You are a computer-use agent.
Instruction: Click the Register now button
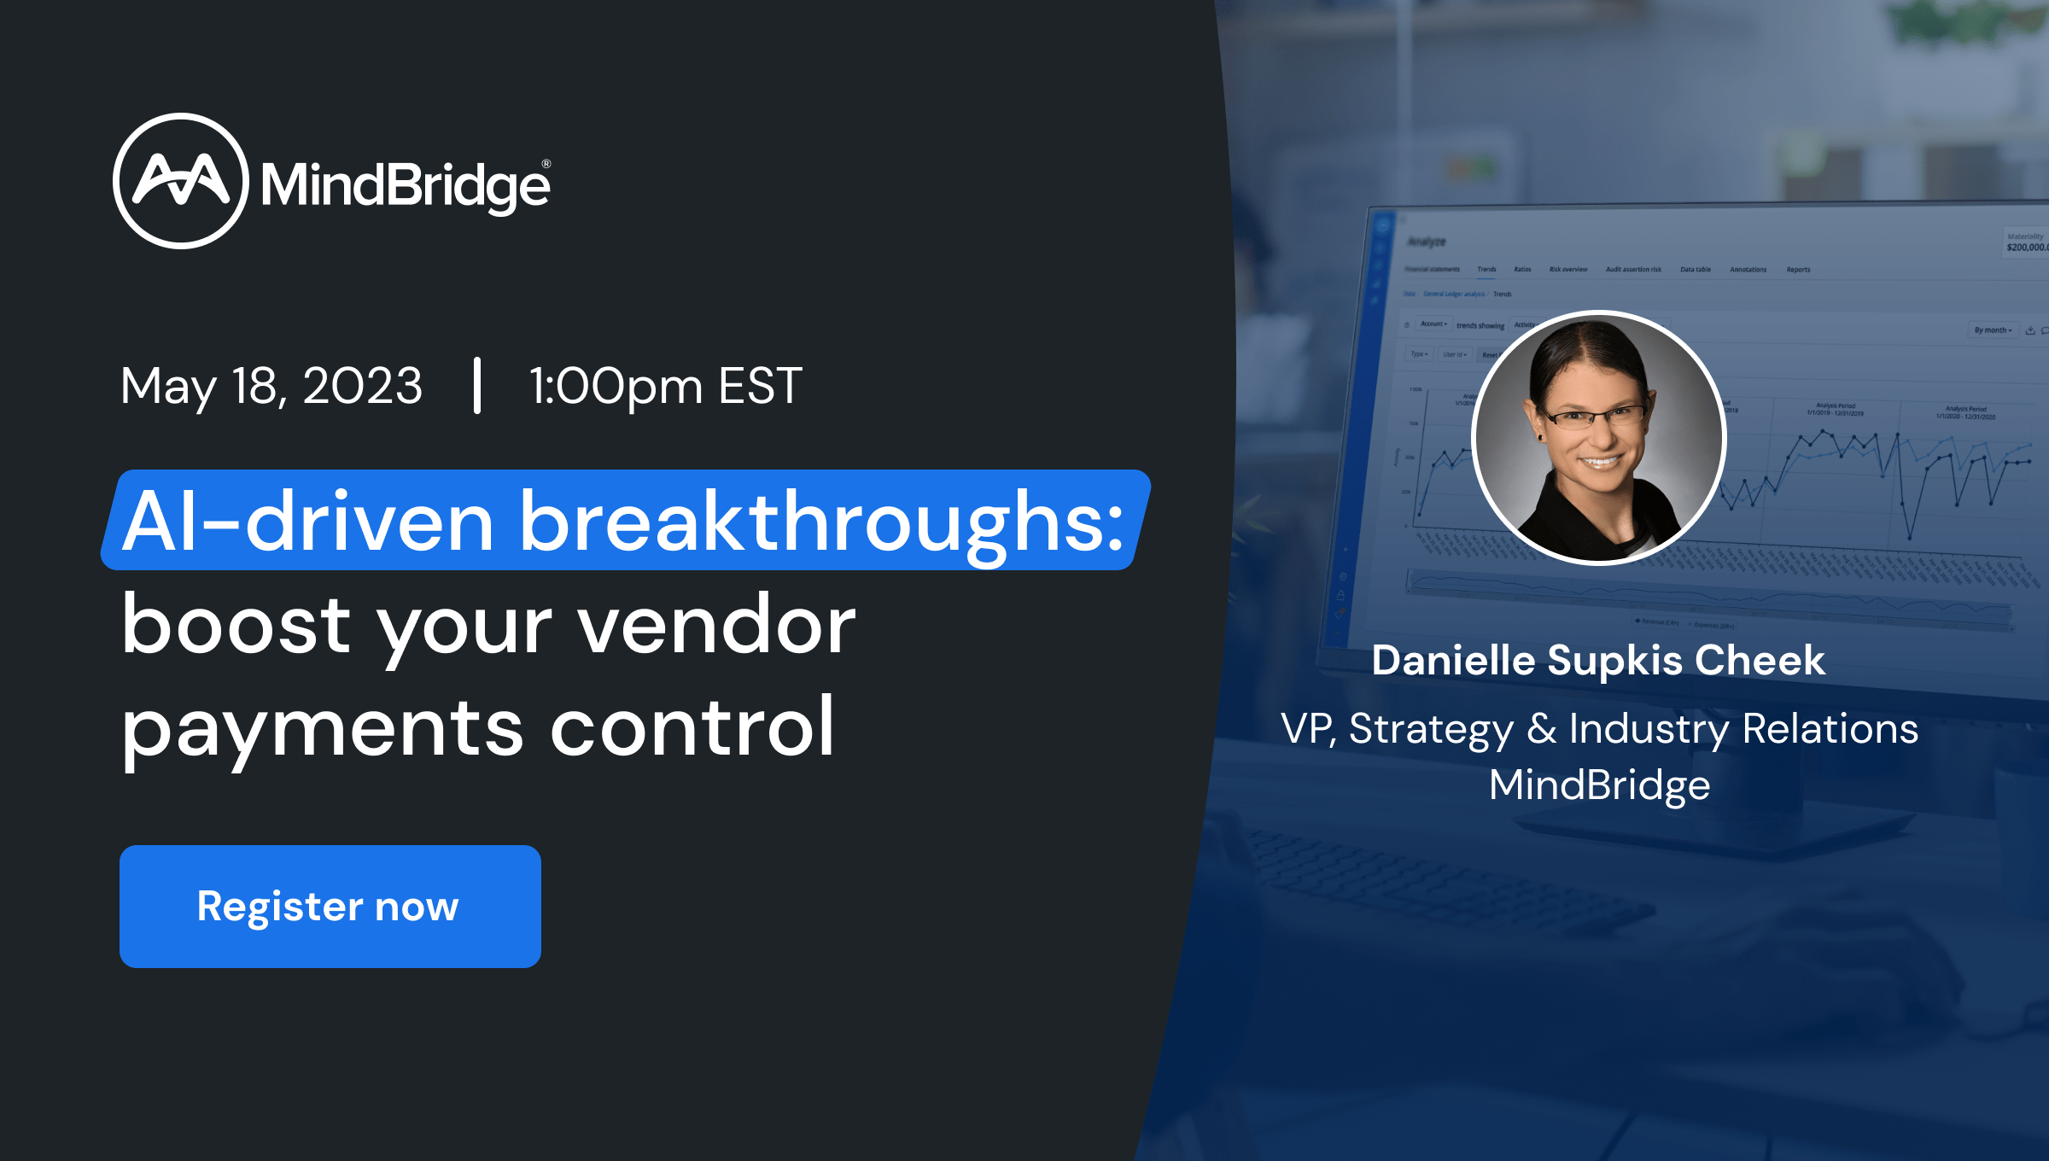(330, 906)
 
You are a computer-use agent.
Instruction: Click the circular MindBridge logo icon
(180, 181)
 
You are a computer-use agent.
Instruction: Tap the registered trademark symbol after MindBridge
(546, 164)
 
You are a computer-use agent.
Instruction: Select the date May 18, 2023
(271, 386)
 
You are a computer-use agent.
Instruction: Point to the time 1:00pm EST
(665, 386)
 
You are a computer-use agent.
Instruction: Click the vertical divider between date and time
(477, 386)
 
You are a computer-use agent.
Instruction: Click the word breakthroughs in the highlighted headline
(821, 521)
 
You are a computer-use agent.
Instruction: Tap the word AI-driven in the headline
(307, 521)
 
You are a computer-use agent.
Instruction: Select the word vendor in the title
(716, 625)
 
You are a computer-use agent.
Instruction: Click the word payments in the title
(322, 727)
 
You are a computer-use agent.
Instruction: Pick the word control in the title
(692, 727)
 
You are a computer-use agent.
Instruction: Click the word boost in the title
(236, 625)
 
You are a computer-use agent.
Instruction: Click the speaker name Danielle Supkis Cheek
(1598, 660)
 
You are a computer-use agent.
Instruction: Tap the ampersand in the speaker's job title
(1542, 729)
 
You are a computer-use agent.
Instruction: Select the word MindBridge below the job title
(1599, 785)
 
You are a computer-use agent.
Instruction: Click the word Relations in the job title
(1830, 729)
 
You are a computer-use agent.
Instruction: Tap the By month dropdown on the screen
(1993, 330)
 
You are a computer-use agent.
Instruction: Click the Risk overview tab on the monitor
(1568, 270)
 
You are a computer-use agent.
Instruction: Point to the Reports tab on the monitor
(1798, 270)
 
